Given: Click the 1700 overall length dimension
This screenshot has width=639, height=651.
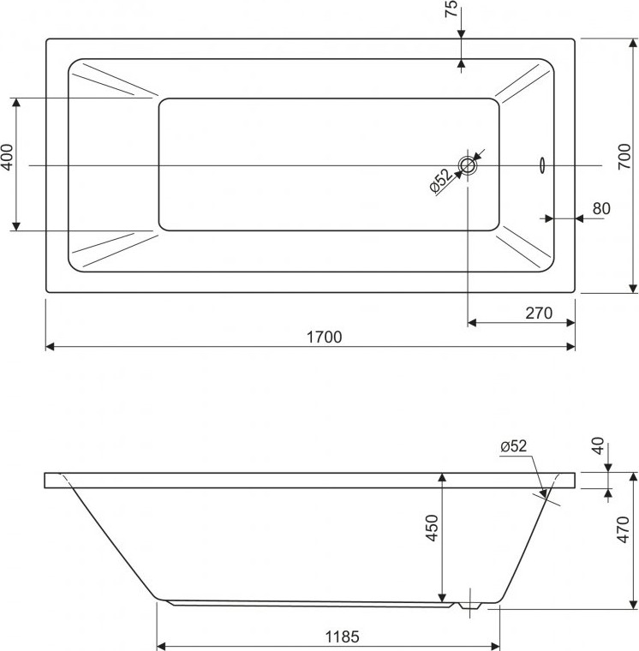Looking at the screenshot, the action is tap(325, 337).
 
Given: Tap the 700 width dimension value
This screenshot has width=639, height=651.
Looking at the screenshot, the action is tap(624, 157).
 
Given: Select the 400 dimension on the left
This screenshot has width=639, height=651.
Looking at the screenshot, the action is tap(8, 158).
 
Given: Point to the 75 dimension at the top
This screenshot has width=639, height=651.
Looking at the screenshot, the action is tap(451, 9).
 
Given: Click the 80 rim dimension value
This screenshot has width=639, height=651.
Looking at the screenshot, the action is tap(601, 208).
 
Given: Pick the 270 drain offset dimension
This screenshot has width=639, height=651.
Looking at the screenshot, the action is tap(539, 313).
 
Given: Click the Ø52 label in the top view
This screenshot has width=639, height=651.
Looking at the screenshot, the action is tap(440, 181).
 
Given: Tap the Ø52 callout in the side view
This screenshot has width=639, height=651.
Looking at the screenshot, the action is tap(514, 446).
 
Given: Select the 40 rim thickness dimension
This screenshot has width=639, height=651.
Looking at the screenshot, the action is tap(598, 446).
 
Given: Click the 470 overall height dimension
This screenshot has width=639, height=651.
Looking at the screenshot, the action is tap(624, 529).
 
